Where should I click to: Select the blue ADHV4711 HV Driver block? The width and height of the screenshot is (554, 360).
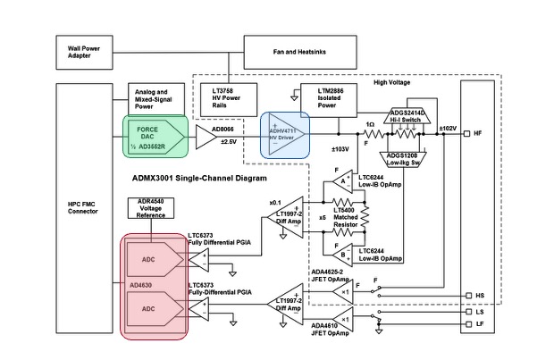click(x=284, y=134)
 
